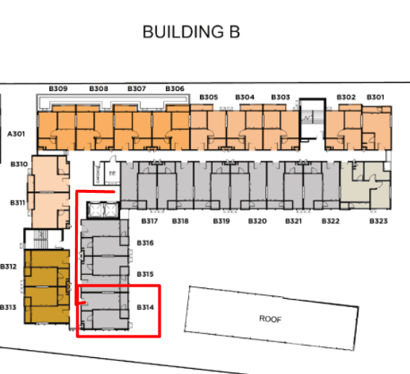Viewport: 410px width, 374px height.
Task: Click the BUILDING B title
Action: coord(191,32)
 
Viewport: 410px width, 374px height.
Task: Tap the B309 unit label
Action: coord(58,89)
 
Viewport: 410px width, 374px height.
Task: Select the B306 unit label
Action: coord(174,89)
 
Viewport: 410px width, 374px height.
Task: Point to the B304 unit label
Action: coord(245,98)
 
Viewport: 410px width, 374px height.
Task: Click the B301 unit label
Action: coord(376,98)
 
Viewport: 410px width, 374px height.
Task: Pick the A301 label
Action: coord(17,134)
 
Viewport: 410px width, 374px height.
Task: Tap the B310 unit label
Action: coord(20,164)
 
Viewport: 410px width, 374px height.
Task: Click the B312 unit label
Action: coord(9,267)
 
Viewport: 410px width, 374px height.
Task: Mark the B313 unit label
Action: coord(9,307)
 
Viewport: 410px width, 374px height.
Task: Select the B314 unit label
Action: coord(145,308)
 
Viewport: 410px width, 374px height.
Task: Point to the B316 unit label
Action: coord(145,243)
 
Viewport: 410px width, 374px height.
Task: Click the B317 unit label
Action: coord(150,220)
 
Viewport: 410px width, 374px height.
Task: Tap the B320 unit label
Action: coord(257,220)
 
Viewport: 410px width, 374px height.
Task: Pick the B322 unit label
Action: coord(330,220)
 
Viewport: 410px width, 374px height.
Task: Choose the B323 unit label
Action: coord(378,220)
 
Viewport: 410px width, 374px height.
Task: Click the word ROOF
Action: coord(270,319)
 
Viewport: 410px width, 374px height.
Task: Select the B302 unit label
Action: coord(346,98)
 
